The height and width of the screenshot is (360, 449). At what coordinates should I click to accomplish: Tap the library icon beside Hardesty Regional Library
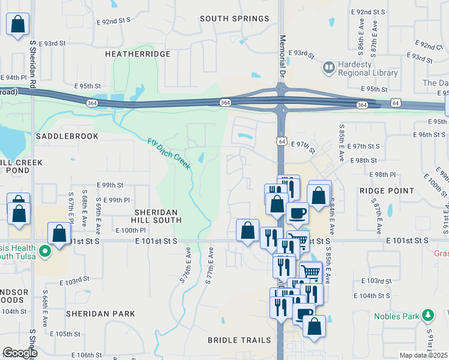(x=328, y=67)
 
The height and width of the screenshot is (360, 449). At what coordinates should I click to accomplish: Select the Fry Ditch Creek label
(x=169, y=154)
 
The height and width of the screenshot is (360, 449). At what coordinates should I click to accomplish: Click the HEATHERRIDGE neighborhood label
(x=137, y=54)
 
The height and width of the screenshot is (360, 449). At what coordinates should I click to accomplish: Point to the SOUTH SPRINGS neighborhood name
(x=234, y=19)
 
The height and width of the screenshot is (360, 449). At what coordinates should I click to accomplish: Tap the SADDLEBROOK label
(x=67, y=136)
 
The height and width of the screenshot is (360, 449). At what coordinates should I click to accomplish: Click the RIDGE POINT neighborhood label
(x=387, y=191)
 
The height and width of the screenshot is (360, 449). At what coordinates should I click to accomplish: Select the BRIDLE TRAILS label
(x=239, y=340)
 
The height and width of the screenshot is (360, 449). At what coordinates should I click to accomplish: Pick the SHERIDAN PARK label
(x=101, y=314)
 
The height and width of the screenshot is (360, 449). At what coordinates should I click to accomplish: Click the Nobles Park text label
(x=396, y=316)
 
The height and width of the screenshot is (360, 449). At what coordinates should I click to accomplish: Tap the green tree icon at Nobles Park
(x=427, y=315)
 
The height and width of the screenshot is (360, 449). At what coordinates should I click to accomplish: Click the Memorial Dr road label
(x=282, y=55)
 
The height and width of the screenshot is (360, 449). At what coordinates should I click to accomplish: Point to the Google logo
(x=20, y=353)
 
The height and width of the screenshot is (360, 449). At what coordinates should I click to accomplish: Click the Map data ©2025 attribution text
(x=424, y=355)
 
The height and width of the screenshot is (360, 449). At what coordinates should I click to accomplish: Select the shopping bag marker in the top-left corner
(x=18, y=25)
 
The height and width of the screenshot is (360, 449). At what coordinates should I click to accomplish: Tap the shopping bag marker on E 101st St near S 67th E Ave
(x=59, y=234)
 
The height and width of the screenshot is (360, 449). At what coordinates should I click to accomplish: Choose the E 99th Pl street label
(x=116, y=200)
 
